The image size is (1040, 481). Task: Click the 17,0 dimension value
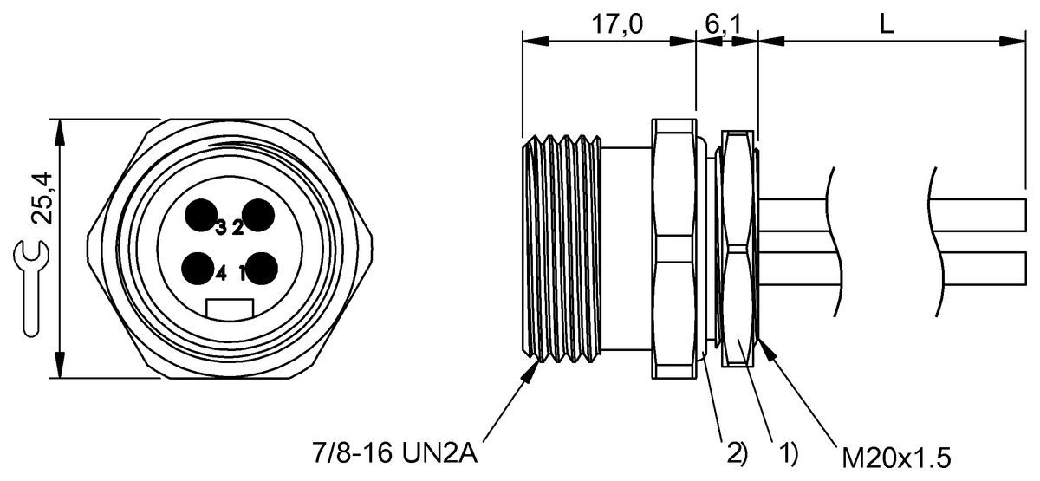[617, 24]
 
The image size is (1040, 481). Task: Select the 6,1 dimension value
[724, 24]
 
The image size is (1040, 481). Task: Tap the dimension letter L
[887, 24]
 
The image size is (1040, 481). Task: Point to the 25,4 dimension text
[42, 198]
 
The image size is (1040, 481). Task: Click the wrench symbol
[30, 288]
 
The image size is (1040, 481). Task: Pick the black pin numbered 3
[200, 215]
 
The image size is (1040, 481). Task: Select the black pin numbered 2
[258, 215]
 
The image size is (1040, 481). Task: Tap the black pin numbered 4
[198, 269]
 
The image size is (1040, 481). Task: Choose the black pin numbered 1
[262, 269]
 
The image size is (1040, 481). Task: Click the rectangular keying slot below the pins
[230, 309]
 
